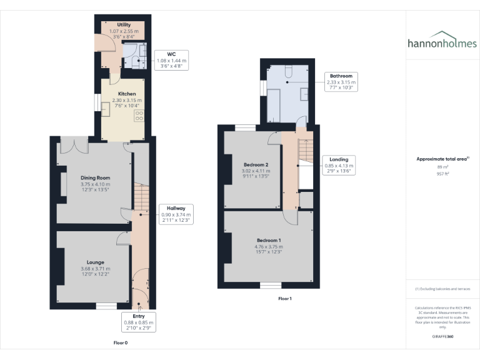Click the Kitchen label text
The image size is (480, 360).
point(119,93)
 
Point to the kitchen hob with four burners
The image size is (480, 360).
point(139,115)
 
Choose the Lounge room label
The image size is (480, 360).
point(95,262)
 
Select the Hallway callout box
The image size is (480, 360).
point(176,214)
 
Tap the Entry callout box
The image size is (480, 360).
point(139,321)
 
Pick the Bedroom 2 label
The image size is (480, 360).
point(256,164)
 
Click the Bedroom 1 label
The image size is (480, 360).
point(269,240)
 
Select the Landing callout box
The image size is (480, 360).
point(339,165)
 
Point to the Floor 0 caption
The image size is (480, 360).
point(121,343)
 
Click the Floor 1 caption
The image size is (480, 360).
point(285,299)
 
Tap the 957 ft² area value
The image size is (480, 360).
point(442,174)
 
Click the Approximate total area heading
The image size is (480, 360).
point(442,159)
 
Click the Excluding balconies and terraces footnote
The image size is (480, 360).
point(442,289)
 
